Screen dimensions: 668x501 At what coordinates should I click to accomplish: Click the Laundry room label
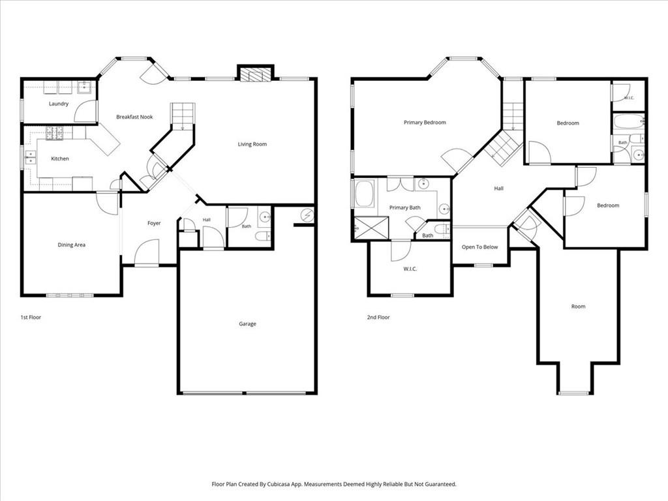click(x=58, y=104)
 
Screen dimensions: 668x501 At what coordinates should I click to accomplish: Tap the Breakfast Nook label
click(x=134, y=117)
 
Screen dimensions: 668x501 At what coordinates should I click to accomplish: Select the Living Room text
click(x=252, y=144)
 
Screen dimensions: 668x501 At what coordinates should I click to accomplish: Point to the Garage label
click(x=247, y=324)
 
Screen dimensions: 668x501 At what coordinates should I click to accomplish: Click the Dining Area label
click(x=72, y=245)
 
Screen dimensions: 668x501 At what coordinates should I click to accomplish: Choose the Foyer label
click(x=154, y=223)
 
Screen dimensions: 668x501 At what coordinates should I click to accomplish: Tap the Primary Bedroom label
click(x=425, y=123)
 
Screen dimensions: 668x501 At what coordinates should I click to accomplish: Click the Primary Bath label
click(x=404, y=207)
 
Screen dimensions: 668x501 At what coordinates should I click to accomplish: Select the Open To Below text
click(x=479, y=247)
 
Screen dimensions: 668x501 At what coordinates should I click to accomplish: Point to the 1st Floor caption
click(x=31, y=318)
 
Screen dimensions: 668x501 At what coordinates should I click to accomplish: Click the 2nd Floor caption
click(x=378, y=318)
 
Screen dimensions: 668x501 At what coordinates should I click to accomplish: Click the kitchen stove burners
click(x=55, y=133)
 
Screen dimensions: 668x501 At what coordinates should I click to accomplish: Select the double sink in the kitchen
click(x=30, y=157)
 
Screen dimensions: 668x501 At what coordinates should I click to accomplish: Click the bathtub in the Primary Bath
click(x=365, y=194)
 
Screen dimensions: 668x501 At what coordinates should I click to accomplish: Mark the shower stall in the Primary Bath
click(x=371, y=229)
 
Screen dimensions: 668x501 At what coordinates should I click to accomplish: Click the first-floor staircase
click(x=183, y=116)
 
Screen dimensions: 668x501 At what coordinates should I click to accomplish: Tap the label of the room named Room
click(x=578, y=307)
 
